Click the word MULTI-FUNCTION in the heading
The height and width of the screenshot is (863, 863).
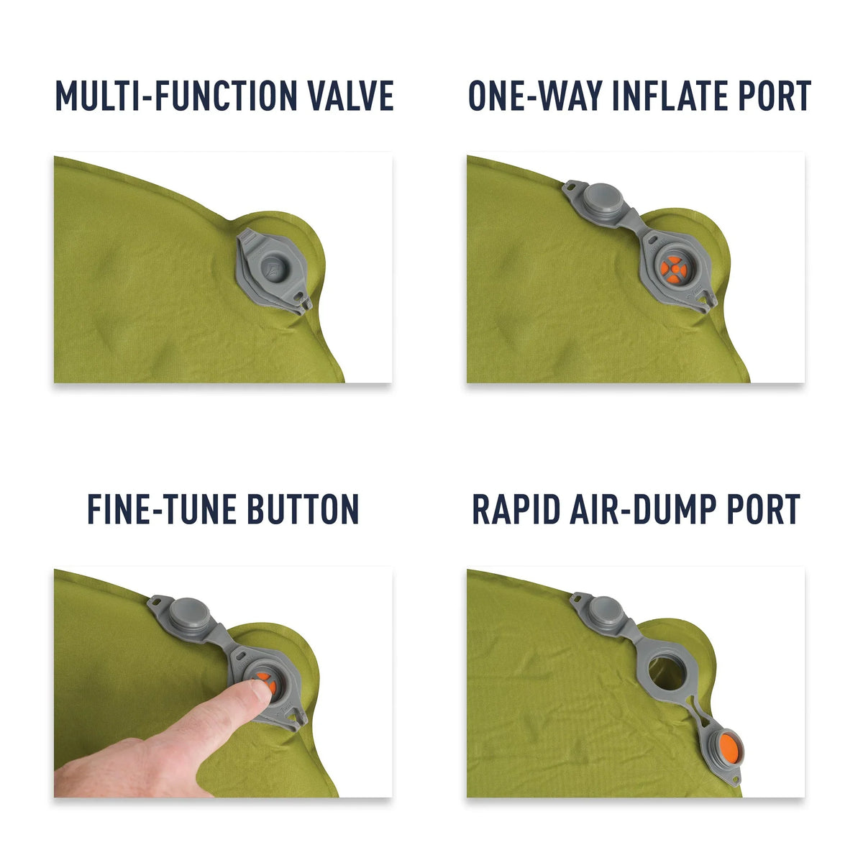coord(174,96)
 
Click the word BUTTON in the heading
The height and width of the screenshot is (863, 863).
coord(303,509)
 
